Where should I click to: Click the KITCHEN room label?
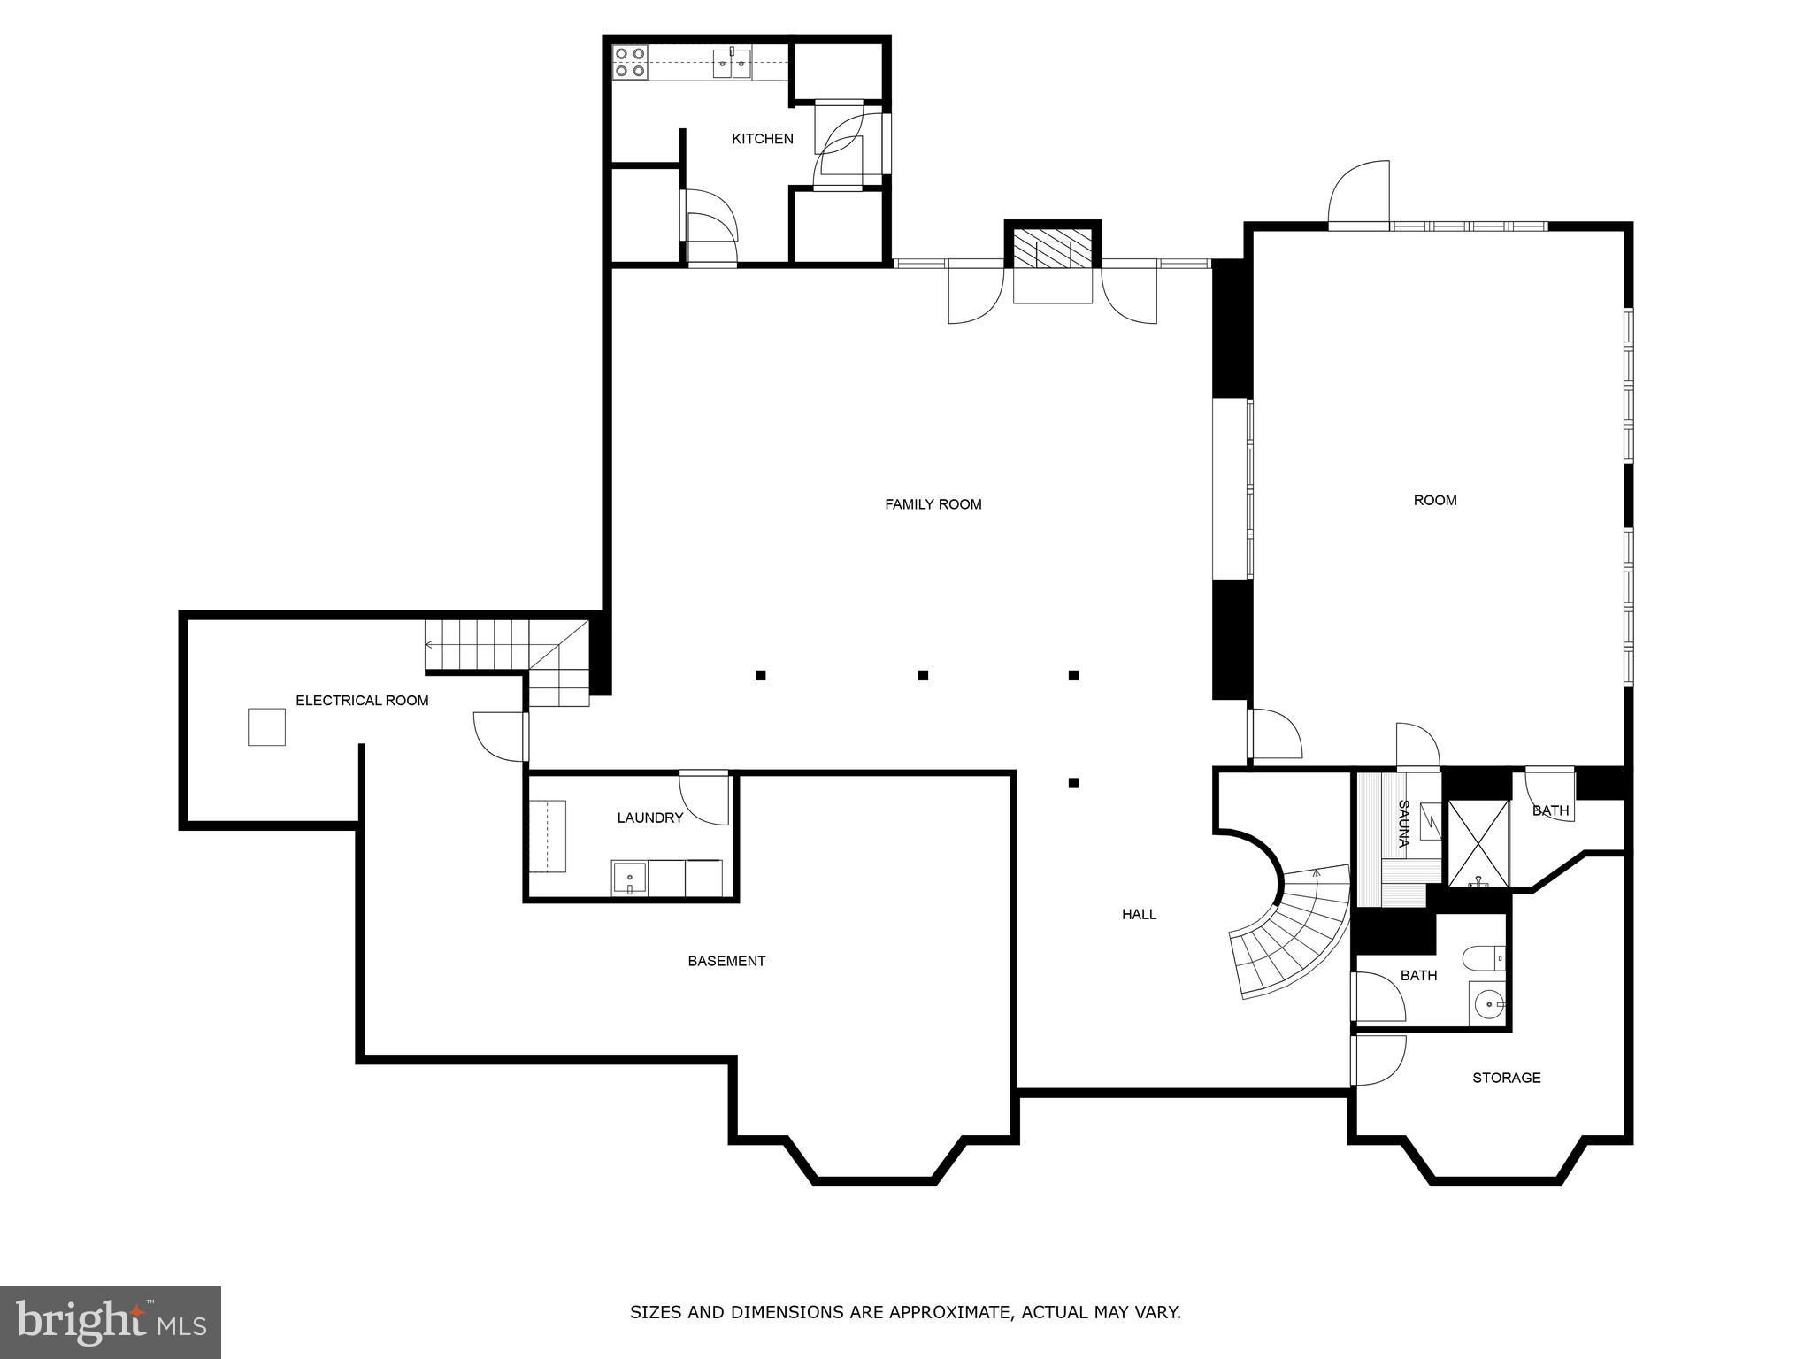[762, 139]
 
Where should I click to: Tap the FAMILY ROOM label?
[933, 504]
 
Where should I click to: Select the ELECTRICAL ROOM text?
[362, 701]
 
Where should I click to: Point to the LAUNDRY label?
[650, 818]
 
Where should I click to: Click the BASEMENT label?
[726, 961]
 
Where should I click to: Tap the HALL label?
[1140, 915]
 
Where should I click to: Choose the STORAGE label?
[1507, 1078]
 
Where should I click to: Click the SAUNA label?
[1403, 824]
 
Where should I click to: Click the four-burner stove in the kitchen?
[630, 62]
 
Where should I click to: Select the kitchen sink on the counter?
[733, 63]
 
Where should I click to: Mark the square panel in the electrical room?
[266, 727]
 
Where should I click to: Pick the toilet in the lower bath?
[1484, 959]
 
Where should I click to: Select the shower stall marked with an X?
[1478, 843]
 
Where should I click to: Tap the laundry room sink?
[629, 878]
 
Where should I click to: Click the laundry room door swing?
[704, 798]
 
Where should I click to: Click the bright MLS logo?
[111, 1323]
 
